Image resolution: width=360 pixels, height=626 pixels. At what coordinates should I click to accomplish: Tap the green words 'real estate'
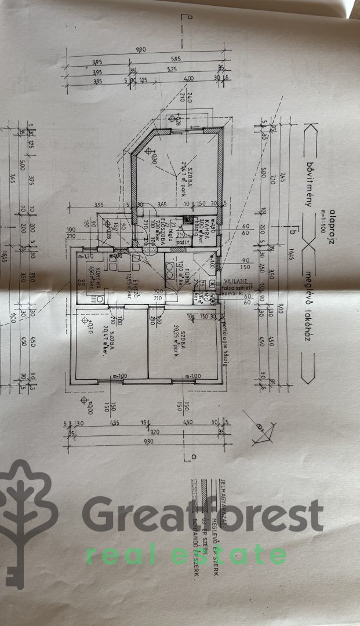(186, 554)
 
